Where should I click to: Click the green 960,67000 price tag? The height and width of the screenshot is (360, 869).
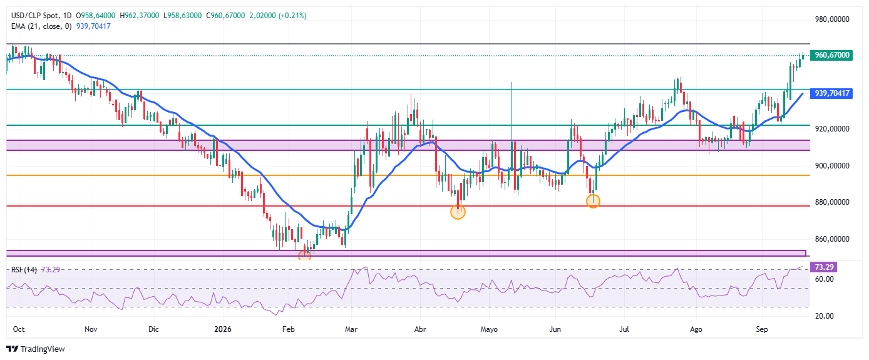pos(831,55)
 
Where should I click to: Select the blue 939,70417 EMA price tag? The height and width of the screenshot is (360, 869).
pos(831,93)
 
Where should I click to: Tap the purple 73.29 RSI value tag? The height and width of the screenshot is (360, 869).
pos(824,267)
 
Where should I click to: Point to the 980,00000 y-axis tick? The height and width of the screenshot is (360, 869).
pos(832,19)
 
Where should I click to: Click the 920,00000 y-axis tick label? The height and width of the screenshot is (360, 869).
pos(832,129)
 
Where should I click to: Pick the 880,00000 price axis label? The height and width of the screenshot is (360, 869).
pos(832,202)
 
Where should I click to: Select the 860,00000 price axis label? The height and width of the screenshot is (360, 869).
pos(832,239)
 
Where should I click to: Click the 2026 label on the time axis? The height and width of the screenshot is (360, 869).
pos(223,329)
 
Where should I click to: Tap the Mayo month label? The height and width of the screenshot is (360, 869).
pos(489,329)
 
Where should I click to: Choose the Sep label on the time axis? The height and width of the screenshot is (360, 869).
pos(762,329)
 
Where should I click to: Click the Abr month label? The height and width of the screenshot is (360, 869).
pos(420,329)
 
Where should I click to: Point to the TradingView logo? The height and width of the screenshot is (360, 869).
pos(36,349)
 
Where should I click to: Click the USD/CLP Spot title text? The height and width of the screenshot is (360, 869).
pos(35,16)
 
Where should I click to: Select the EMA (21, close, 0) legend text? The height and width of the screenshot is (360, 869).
pos(41,26)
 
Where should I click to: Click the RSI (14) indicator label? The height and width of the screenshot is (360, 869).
pos(24,270)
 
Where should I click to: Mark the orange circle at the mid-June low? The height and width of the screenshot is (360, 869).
pos(593,201)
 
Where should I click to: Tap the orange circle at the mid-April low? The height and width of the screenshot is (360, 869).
pos(458,212)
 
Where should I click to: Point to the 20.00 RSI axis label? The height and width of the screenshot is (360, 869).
pos(825,316)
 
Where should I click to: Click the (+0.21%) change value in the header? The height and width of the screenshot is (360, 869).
pos(292,16)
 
